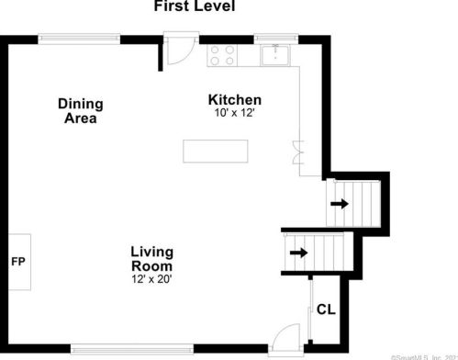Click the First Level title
[195, 6]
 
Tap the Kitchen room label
[235, 100]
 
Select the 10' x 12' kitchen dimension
[235, 113]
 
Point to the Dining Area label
[81, 111]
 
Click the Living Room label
[152, 259]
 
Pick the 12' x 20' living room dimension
[151, 279]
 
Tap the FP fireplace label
[18, 262]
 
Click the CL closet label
[326, 309]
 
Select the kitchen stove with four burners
[222, 55]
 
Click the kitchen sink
[275, 55]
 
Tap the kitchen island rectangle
[216, 152]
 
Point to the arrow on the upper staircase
[340, 204]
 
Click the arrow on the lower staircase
[298, 253]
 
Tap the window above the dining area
[79, 39]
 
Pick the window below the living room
[132, 349]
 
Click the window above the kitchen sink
[276, 39]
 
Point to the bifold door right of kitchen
[298, 152]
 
